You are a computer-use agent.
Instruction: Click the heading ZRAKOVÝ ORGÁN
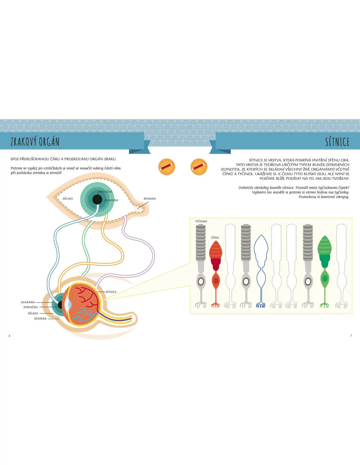[x=35, y=142]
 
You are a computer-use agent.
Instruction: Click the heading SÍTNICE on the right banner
[x=337, y=142]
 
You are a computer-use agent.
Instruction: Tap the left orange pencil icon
[x=167, y=167]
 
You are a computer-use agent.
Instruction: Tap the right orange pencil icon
[x=199, y=167]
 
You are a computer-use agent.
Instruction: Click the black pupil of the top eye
[x=97, y=199]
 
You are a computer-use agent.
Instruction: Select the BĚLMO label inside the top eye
[x=68, y=199]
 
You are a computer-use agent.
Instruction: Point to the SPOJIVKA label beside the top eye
[x=150, y=198]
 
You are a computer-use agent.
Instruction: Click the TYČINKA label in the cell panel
[x=201, y=221]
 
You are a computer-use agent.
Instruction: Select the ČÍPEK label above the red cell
[x=215, y=238]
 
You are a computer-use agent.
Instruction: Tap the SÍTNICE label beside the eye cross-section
[x=111, y=292]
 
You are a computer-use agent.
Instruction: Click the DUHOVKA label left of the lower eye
[x=28, y=302]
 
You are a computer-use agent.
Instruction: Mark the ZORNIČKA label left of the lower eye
[x=30, y=307]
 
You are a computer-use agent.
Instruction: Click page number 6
[x=9, y=336]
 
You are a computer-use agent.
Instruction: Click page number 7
[x=351, y=336]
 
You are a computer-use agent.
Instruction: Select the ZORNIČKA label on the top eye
[x=105, y=192]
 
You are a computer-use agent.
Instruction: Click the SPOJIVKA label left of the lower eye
[x=40, y=319]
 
